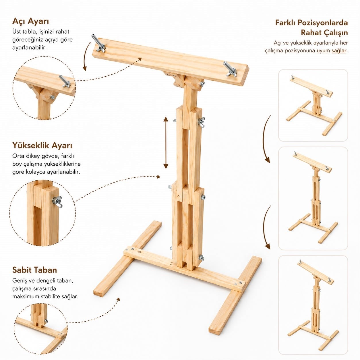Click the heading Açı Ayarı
[x=31, y=21]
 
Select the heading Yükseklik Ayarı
[x=42, y=146]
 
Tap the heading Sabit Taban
[x=34, y=270]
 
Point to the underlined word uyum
[x=323, y=51]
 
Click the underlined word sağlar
[x=339, y=51]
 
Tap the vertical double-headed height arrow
[x=166, y=143]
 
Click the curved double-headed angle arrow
[x=85, y=56]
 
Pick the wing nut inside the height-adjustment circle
[x=57, y=202]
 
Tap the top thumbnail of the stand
[x=313, y=105]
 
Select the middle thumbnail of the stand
[x=313, y=198]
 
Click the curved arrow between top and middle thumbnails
[x=264, y=139]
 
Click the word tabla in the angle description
[x=29, y=32]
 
